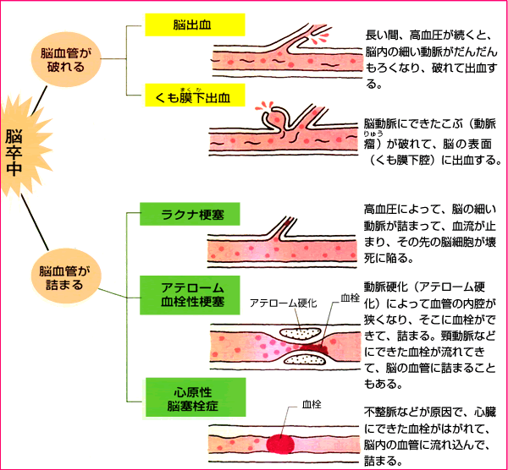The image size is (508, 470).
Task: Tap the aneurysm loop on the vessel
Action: (276, 116)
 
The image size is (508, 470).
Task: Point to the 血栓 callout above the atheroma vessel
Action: (350, 298)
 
